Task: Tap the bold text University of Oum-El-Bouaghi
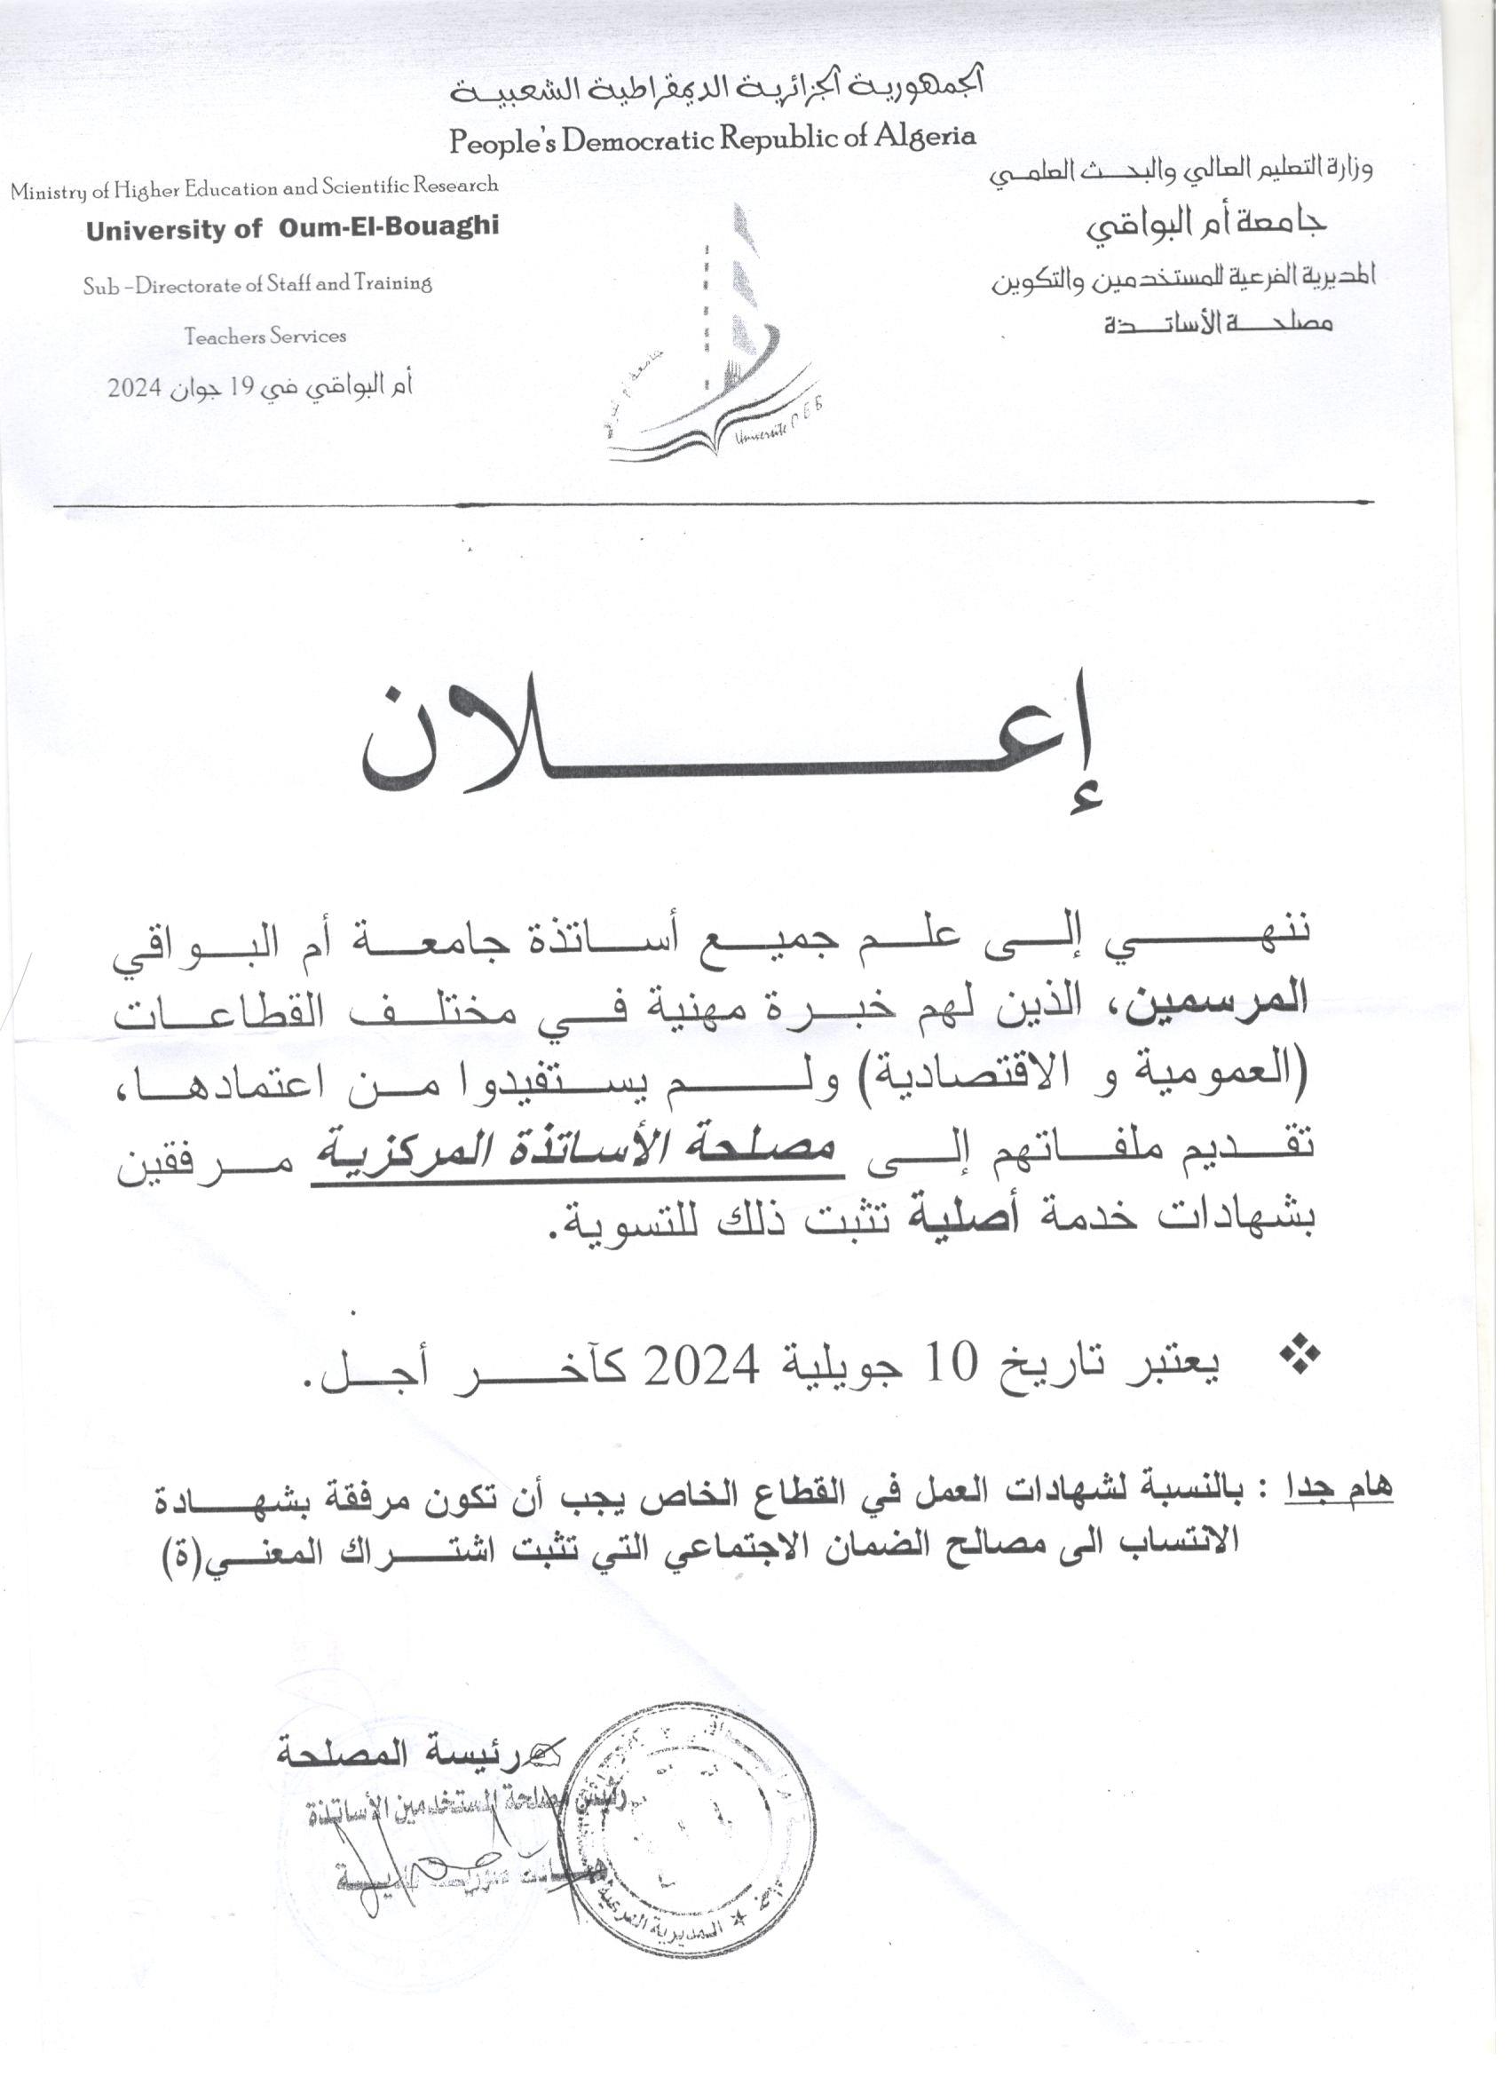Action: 292,228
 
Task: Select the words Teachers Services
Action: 265,336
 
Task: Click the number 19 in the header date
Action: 241,387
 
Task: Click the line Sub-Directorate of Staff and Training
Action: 257,284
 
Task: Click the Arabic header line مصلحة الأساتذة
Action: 1217,323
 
